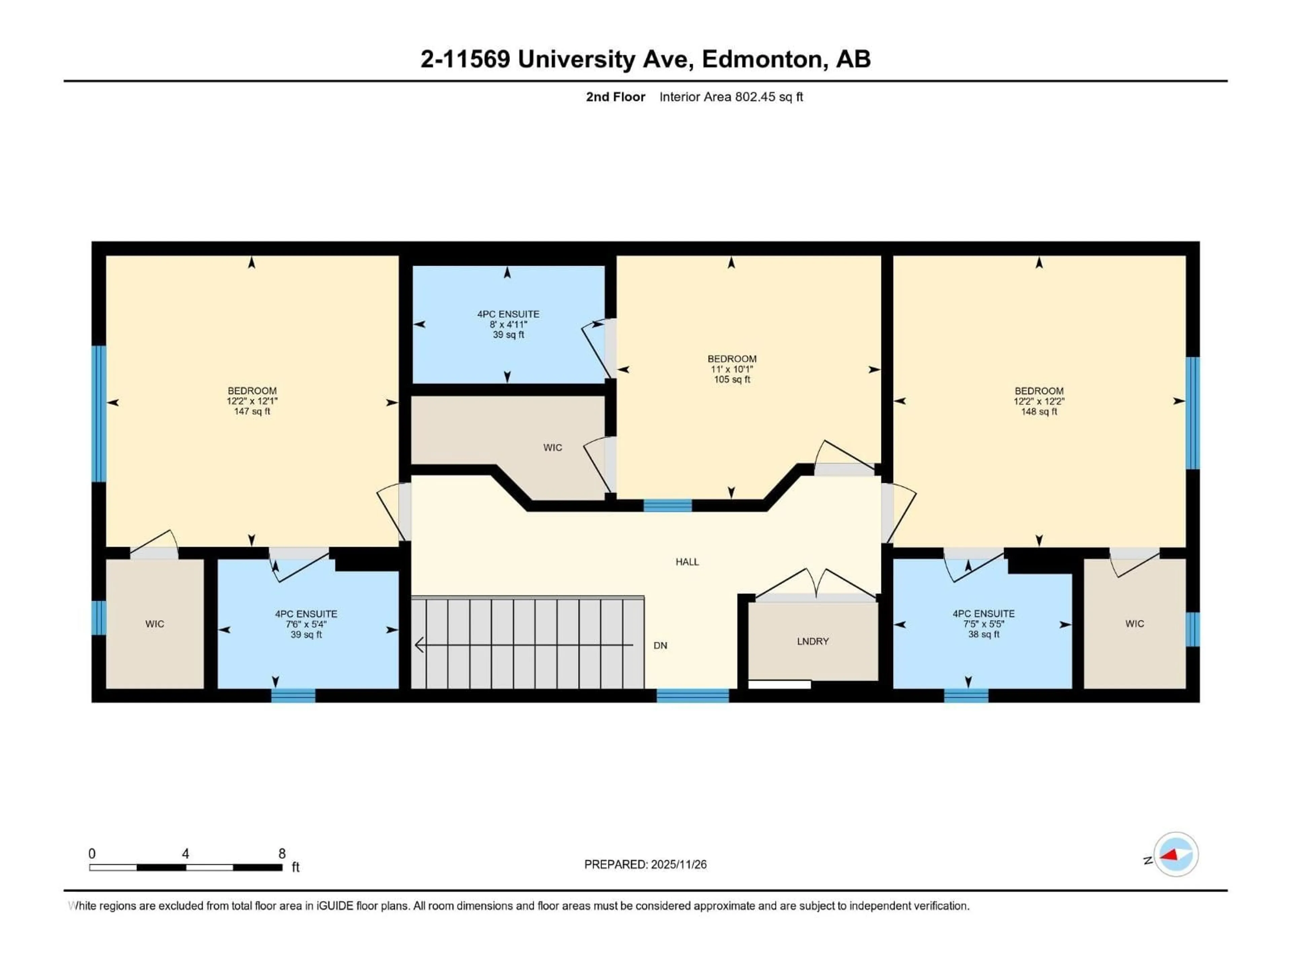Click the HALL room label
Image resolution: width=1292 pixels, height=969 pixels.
tap(687, 562)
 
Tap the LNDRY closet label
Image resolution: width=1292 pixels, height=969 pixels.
tap(813, 641)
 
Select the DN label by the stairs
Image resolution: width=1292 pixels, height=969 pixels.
tap(660, 645)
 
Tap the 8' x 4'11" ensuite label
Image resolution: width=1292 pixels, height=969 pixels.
tap(508, 324)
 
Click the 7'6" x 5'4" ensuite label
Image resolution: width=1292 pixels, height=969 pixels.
tap(306, 624)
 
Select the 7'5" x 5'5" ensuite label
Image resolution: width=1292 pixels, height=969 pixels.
tap(983, 624)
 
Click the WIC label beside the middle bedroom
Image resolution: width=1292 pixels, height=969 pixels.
tap(552, 447)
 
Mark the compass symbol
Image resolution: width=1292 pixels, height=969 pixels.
tap(1176, 855)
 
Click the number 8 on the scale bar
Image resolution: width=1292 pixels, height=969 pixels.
tap(282, 854)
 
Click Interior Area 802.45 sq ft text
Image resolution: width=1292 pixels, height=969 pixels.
tap(731, 97)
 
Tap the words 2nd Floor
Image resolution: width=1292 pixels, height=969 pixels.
tap(615, 97)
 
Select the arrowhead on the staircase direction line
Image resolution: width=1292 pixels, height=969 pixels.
tap(418, 645)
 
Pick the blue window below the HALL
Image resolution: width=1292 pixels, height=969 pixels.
tap(693, 695)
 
